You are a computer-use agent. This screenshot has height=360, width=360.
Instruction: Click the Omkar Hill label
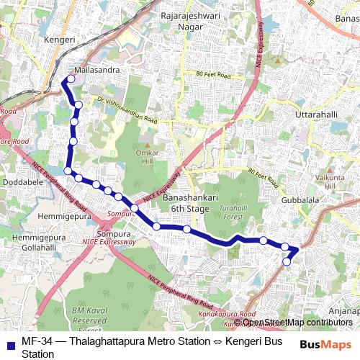pos(149,157)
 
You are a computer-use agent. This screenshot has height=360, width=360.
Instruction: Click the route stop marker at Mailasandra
pos(70,78)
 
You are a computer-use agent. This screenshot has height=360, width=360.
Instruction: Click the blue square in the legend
pos(9,344)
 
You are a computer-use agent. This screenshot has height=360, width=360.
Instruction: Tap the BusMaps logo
pos(320,344)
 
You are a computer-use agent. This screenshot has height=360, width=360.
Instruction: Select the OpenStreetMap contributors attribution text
pos(292,322)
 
